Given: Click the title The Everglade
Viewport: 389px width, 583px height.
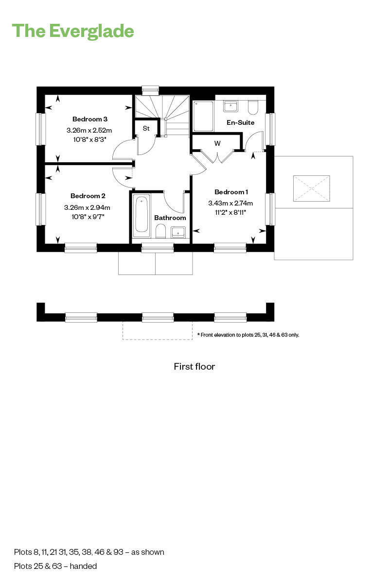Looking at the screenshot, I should tap(73, 31).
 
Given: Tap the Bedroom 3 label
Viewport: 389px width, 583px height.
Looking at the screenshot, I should tap(89, 119).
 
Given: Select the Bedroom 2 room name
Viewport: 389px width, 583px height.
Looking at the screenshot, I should tap(88, 196).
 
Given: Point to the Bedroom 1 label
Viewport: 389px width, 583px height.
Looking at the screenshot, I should tap(231, 192).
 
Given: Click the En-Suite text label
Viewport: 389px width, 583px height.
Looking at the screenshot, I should tap(240, 122).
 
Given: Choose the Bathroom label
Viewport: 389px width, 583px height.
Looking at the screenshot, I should tap(170, 218).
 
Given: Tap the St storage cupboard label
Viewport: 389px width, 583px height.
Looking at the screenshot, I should tap(146, 129).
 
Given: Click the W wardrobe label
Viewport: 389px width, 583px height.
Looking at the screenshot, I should tap(217, 143).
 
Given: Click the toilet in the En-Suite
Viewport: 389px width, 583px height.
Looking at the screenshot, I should tap(253, 106).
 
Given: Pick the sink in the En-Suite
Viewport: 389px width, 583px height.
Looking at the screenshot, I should tap(230, 105).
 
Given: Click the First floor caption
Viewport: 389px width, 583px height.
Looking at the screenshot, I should tap(194, 366).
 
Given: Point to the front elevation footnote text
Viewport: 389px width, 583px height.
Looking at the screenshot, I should tap(248, 335).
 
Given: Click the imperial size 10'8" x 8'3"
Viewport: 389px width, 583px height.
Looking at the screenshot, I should tap(89, 139).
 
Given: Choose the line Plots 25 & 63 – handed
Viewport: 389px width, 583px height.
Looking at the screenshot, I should tap(55, 566).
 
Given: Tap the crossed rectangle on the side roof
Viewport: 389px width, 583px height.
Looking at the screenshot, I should tap(311, 189).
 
